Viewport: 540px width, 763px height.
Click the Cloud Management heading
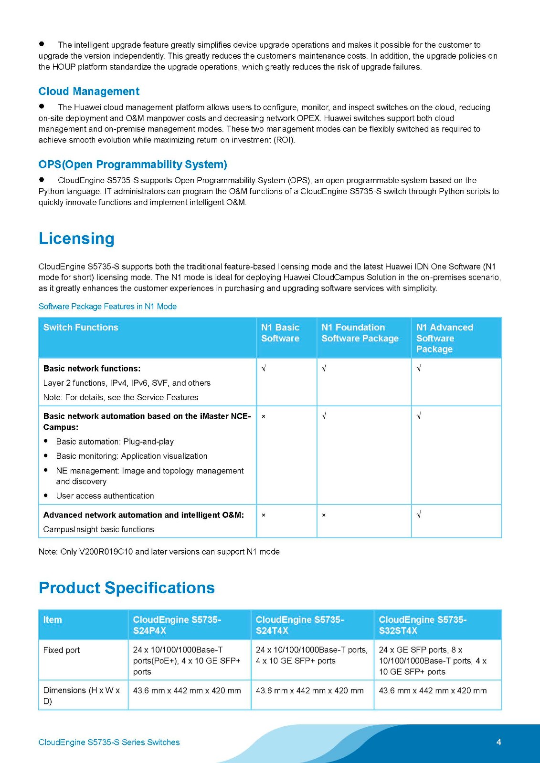89,91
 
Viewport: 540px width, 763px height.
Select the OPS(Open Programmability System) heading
133,165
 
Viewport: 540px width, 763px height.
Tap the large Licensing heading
76,238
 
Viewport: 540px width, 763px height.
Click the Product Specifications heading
127,588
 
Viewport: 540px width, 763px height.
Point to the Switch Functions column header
81,328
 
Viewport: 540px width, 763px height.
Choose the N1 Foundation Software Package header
360,333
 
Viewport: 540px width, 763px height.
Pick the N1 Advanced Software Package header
445,338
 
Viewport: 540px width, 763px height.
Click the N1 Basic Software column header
280,333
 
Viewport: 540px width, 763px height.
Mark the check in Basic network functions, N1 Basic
264,368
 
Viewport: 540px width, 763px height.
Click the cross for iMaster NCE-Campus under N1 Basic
264,416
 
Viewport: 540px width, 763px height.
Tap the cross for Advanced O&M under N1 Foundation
324,515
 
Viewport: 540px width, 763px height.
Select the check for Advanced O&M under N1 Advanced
419,515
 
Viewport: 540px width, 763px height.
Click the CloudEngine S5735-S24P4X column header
177,625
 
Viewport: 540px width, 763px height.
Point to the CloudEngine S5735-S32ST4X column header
423,625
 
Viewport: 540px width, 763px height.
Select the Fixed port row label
62,650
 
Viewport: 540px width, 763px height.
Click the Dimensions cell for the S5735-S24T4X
309,691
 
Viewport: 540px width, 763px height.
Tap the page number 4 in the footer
498,742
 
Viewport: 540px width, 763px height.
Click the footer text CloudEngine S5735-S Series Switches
109,742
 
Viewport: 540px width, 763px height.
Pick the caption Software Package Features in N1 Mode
107,306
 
